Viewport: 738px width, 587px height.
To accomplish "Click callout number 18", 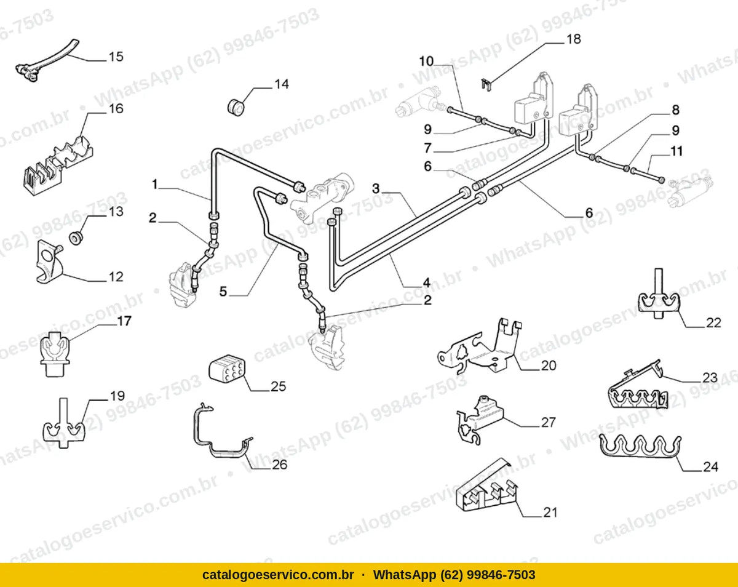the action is [x=573, y=39].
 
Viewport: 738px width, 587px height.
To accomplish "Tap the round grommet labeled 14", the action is [x=236, y=106].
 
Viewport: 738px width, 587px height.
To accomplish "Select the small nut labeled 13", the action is [x=76, y=238].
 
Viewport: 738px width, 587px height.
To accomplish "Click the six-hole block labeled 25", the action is [x=227, y=369].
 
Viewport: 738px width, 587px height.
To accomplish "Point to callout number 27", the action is [x=548, y=422].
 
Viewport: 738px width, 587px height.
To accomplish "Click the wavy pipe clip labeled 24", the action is [x=640, y=446].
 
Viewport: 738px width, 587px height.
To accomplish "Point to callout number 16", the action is [x=116, y=108].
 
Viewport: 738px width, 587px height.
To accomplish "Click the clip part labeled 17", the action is [x=55, y=353].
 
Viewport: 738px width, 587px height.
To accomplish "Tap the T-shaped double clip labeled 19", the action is [x=64, y=425].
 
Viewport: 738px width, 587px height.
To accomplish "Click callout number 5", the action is [x=223, y=292].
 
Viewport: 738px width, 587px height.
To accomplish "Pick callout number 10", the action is [x=426, y=62].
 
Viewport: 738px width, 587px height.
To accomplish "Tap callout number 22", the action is [x=713, y=322].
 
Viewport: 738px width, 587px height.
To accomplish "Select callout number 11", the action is [x=676, y=151].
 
